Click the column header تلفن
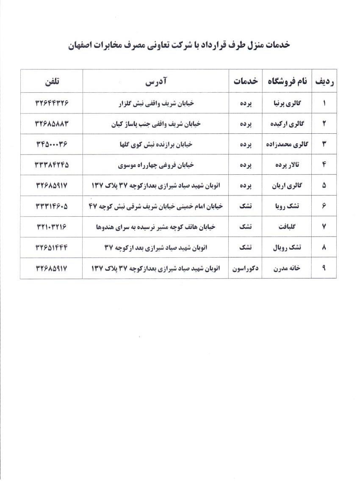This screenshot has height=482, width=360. pyautogui.click(x=51, y=81)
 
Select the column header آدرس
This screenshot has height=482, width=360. pyautogui.click(x=155, y=81)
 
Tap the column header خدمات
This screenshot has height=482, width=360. pyautogui.click(x=246, y=82)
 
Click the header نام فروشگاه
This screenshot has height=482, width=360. pyautogui.click(x=287, y=82)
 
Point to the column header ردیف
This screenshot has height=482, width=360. pyautogui.click(x=324, y=82)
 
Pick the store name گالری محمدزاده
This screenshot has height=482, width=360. pyautogui.click(x=287, y=144)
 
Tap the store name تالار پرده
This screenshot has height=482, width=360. pyautogui.click(x=290, y=165)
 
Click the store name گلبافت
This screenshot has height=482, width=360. pyautogui.click(x=289, y=227)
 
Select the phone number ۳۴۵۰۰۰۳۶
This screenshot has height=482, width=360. pyautogui.click(x=51, y=144)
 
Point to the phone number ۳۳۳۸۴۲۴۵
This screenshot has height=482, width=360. pyautogui.click(x=51, y=165)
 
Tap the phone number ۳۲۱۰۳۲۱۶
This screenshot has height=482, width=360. pyautogui.click(x=51, y=227)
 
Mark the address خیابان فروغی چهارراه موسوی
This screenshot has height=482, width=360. pyautogui.click(x=155, y=165)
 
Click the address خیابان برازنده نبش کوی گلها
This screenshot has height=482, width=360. pyautogui.click(x=155, y=144)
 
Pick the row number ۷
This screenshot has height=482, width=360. pyautogui.click(x=324, y=227)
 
